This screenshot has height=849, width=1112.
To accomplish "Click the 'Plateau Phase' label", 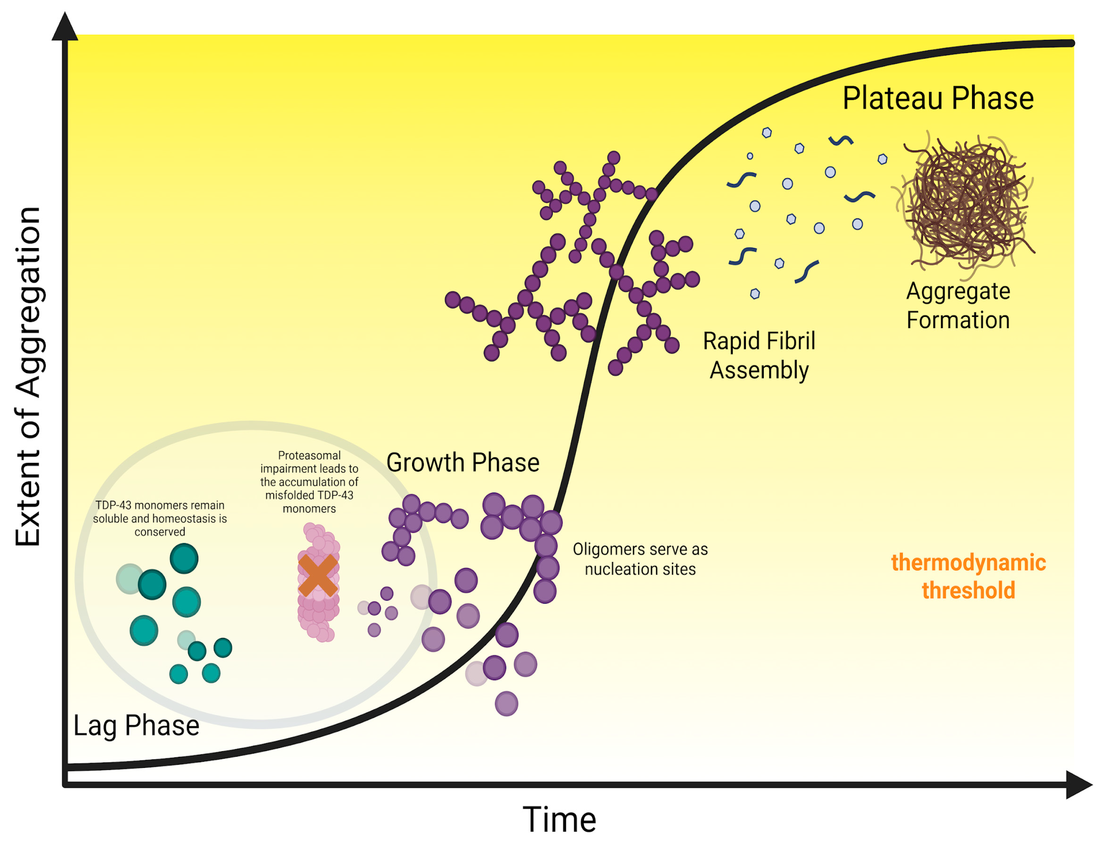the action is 938,98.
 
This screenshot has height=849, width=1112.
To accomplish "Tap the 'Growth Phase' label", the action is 463,462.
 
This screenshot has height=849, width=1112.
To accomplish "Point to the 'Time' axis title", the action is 559,819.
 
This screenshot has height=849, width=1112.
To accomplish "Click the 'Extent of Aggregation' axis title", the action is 28,377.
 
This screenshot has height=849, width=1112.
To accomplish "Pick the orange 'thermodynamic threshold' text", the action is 968,576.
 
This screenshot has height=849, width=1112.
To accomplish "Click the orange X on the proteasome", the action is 317,575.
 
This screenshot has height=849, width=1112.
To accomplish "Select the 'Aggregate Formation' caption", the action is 958,305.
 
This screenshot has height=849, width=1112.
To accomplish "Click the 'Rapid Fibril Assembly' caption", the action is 759,355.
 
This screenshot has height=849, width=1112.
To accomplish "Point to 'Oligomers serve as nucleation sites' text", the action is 640,559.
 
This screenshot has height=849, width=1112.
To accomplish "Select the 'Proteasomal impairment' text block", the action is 309,481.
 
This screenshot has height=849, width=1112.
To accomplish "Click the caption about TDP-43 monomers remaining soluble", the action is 160,518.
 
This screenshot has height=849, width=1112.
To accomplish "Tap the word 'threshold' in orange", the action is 968,590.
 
